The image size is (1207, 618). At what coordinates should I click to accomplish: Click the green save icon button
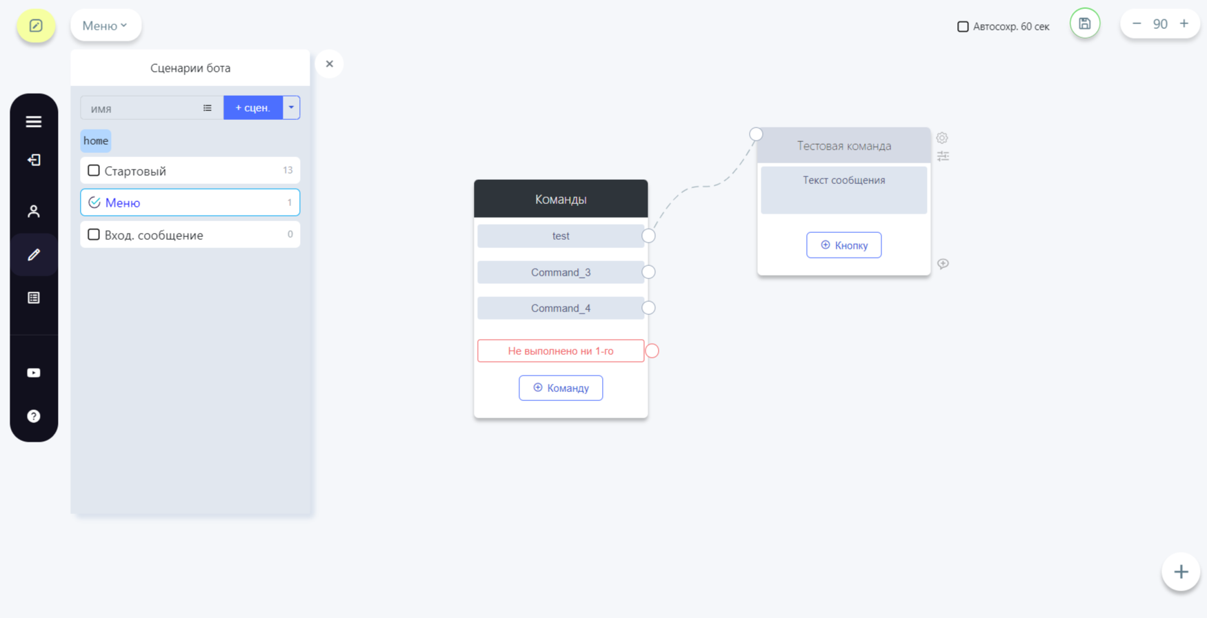[x=1085, y=23]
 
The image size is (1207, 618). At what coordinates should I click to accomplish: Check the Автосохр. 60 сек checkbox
[x=963, y=27]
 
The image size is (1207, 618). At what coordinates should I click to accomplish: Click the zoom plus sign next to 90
[x=1184, y=23]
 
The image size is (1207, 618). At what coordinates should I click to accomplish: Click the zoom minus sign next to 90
[x=1137, y=23]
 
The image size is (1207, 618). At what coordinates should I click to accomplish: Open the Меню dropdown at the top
[x=106, y=25]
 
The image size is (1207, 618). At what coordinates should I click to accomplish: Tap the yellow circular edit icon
[x=36, y=26]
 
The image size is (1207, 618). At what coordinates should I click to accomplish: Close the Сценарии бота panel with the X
[x=330, y=64]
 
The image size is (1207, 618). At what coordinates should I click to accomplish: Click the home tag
[x=96, y=141]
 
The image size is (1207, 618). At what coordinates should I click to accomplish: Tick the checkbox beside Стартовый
[x=94, y=170]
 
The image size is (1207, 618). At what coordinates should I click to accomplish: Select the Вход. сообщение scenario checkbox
[x=94, y=234]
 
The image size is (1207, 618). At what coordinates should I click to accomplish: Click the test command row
[x=561, y=236]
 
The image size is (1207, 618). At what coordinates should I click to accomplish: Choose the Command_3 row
[x=561, y=272]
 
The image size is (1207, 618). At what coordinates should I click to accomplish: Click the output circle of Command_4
[x=648, y=308]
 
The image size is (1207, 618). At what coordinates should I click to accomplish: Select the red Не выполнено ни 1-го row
[x=561, y=351]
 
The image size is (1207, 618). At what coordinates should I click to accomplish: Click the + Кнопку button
[x=844, y=245]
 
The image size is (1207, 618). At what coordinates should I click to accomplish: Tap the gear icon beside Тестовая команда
[x=942, y=138]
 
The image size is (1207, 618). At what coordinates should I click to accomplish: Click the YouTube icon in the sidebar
[x=34, y=373]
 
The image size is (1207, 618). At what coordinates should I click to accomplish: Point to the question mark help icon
[x=34, y=416]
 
